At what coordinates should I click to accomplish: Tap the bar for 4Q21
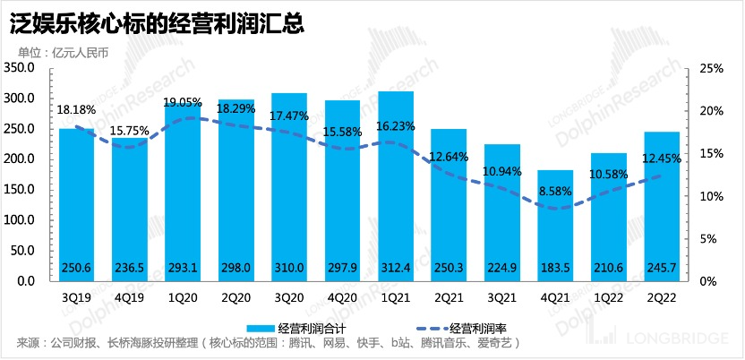pyautogui.click(x=553, y=225)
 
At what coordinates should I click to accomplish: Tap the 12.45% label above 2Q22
pyautogui.click(x=662, y=159)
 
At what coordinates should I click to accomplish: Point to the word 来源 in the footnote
pyautogui.click(x=29, y=343)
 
